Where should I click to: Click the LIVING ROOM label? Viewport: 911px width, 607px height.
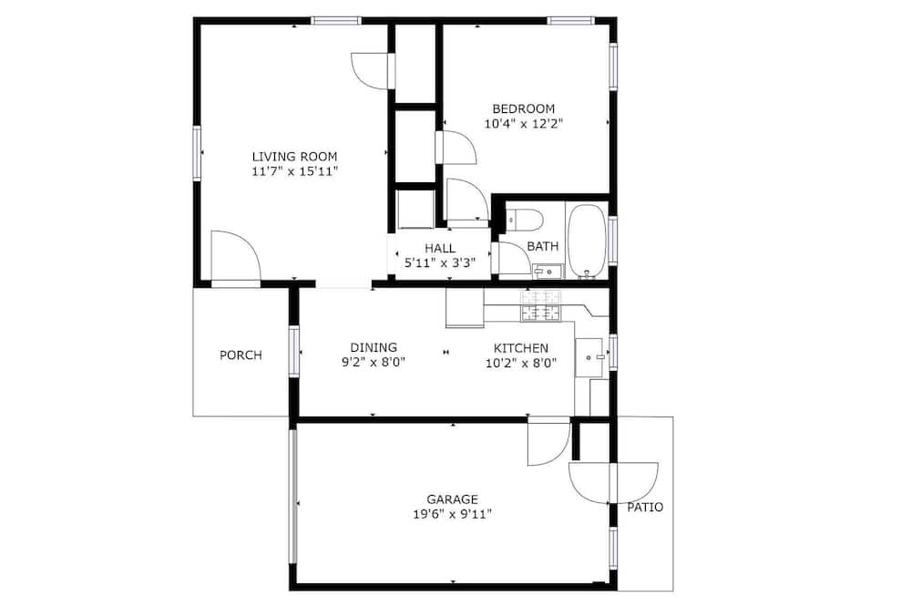(294, 157)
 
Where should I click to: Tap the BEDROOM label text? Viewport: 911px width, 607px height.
(524, 108)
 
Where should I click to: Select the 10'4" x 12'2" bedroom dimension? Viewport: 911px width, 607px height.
(524, 124)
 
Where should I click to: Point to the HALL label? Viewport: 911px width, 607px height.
(440, 248)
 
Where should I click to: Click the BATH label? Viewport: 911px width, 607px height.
(543, 246)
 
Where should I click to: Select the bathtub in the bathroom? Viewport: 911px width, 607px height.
(587, 242)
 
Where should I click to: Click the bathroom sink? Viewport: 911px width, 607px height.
(548, 271)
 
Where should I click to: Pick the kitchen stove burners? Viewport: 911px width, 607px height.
(541, 306)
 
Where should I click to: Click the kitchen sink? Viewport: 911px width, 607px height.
(589, 357)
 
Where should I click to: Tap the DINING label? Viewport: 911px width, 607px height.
(374, 347)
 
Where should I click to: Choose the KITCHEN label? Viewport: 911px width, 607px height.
(520, 348)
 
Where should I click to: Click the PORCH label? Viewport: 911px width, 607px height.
(241, 355)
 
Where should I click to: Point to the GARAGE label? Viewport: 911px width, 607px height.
(453, 499)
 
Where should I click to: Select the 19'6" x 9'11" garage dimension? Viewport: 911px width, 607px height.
(453, 515)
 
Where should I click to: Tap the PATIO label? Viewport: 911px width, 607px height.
(645, 507)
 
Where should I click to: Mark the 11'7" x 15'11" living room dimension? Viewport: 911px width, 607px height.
(294, 171)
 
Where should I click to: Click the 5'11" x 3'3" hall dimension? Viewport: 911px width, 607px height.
(440, 262)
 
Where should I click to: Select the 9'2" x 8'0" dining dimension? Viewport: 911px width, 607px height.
(374, 363)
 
